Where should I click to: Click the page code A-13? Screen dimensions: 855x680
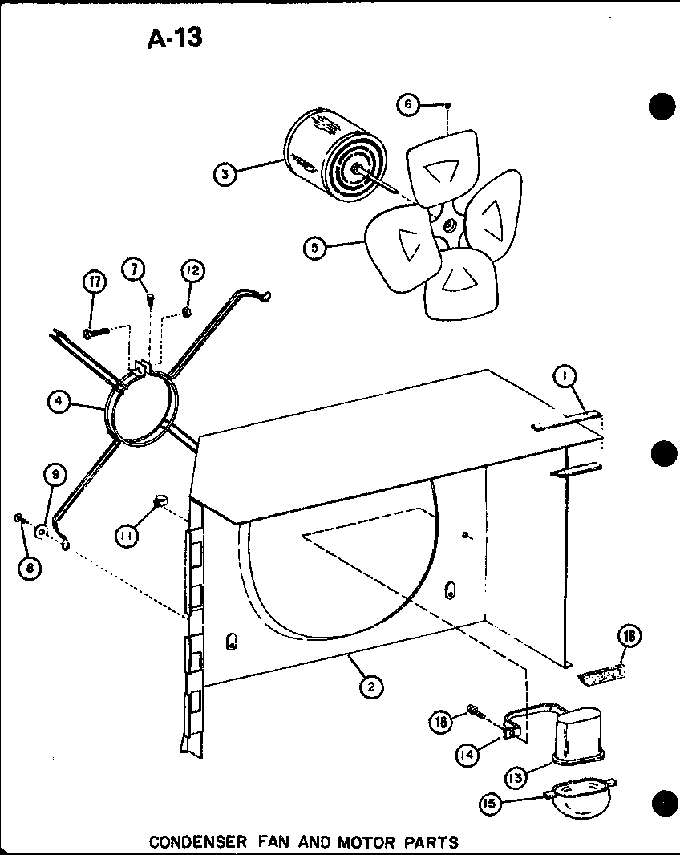[x=175, y=37]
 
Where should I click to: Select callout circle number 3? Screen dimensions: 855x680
[x=227, y=173]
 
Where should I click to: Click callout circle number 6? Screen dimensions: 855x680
[x=409, y=105]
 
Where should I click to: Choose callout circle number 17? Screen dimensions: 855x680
[x=95, y=282]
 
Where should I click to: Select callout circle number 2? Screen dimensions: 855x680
[x=370, y=686]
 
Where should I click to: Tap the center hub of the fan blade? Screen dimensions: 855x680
[x=447, y=227]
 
